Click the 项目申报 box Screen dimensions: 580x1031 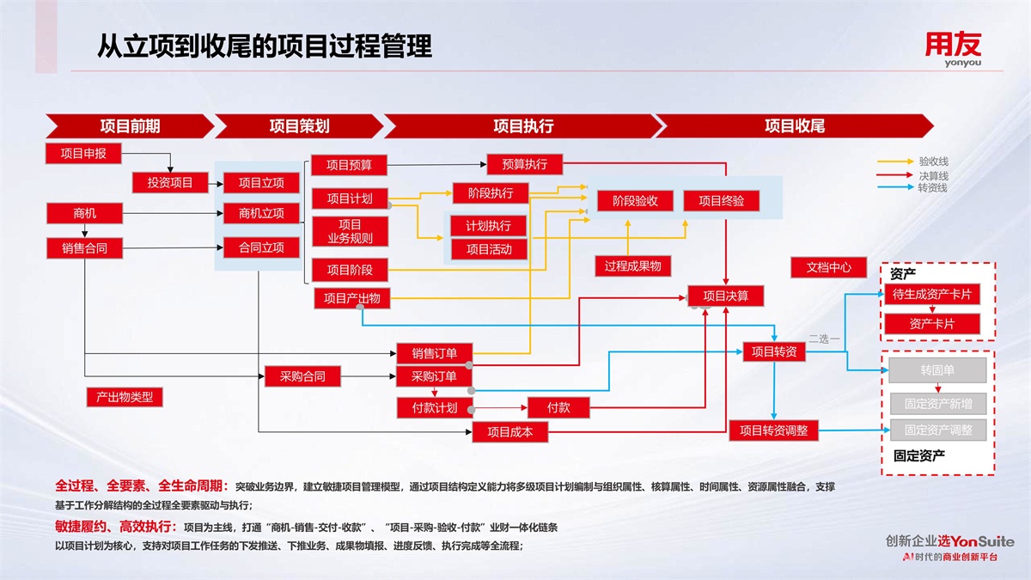(83, 154)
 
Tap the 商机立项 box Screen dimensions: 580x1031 (261, 213)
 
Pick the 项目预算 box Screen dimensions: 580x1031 (349, 165)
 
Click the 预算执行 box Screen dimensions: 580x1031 (524, 164)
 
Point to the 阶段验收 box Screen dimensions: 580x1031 (635, 201)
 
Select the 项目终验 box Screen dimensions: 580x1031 (721, 201)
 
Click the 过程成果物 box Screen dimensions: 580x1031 (632, 266)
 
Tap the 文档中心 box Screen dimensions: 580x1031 (828, 267)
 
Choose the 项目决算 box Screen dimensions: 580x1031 (725, 296)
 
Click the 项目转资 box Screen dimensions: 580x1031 (773, 351)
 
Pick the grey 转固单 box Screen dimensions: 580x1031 (937, 370)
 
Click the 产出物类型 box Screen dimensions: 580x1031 (125, 397)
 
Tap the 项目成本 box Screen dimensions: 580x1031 (510, 431)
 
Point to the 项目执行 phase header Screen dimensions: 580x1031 (522, 126)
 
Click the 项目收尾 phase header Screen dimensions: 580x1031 (794, 126)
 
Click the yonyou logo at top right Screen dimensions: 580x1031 (952, 49)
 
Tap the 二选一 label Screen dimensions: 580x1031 (824, 339)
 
